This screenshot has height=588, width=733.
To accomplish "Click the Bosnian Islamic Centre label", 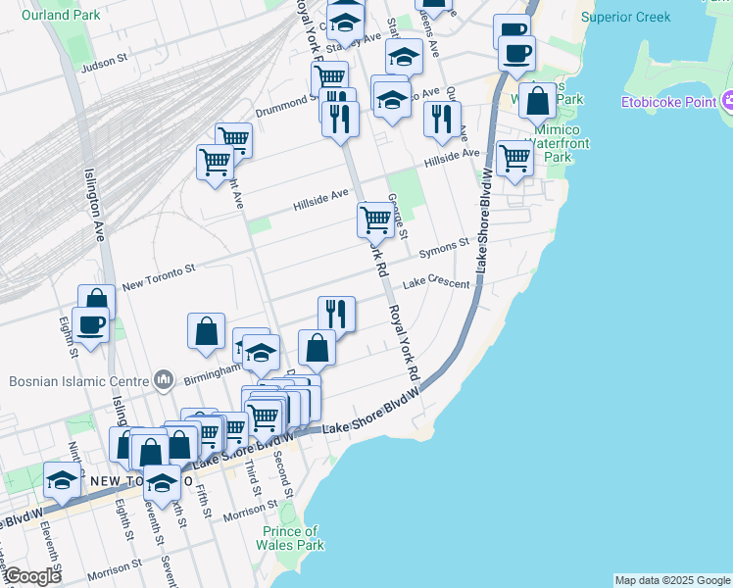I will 76,381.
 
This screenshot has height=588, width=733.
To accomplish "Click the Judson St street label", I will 105,62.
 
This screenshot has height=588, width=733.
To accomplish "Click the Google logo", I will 32,576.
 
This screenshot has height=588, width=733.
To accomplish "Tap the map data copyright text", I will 672,580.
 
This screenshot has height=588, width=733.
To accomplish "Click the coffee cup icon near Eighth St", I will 91,324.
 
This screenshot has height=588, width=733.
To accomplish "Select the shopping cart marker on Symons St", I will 375,220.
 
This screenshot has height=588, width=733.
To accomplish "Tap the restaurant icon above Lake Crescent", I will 336,314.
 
